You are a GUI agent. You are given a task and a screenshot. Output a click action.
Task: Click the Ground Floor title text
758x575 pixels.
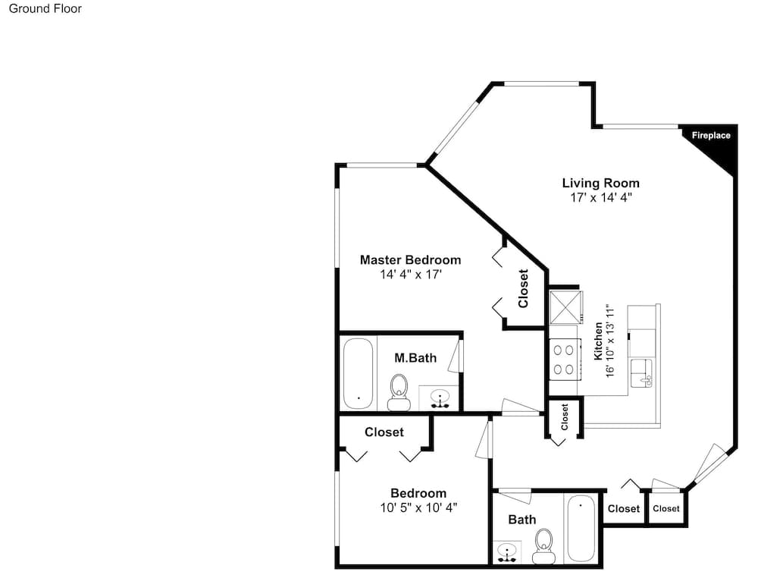(45, 8)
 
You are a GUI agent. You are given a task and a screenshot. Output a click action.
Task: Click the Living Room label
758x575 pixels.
(601, 183)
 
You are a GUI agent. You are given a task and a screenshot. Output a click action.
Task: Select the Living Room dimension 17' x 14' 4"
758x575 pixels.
(601, 197)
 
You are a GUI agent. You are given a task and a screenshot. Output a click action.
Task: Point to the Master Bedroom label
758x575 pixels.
(410, 259)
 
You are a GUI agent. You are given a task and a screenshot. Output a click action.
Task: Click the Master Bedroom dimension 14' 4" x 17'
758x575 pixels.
(411, 275)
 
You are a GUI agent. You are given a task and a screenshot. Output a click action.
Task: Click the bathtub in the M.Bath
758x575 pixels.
(359, 373)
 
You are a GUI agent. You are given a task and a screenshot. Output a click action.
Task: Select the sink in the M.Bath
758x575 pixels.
(440, 398)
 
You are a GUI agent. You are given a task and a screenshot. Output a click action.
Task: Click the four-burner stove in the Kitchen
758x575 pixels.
(565, 360)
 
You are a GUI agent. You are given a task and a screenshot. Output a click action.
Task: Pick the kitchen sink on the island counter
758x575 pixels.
(641, 373)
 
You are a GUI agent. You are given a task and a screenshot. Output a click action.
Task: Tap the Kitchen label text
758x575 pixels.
(599, 341)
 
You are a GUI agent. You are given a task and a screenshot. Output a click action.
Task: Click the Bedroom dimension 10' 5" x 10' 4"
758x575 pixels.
(418, 507)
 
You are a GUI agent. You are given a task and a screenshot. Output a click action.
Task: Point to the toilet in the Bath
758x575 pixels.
(543, 545)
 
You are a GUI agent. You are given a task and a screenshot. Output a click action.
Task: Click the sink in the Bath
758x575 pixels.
(507, 552)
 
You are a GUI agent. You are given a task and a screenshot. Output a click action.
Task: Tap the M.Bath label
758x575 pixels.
(415, 358)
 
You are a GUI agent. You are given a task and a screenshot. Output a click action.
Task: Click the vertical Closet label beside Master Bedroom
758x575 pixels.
(523, 289)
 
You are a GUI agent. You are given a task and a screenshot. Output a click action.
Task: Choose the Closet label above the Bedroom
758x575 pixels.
(384, 432)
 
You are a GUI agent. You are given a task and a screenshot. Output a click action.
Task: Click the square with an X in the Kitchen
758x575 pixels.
(566, 307)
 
